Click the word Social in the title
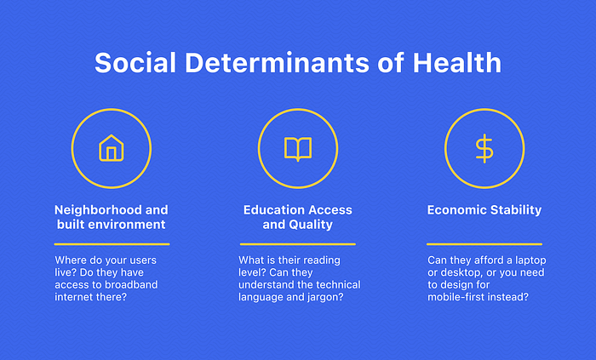pyautogui.click(x=135, y=63)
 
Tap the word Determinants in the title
pyautogui.click(x=277, y=63)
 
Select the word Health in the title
pyautogui.click(x=457, y=63)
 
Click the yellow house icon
pyautogui.click(x=112, y=148)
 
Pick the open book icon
pyautogui.click(x=298, y=149)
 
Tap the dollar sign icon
pyautogui.click(x=484, y=148)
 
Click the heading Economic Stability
pyautogui.click(x=484, y=209)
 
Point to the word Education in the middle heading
pyautogui.click(x=269, y=209)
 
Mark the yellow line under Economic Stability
pyautogui.click(x=484, y=244)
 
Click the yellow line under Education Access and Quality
pyautogui.click(x=298, y=244)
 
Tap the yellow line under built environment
pyautogui.click(x=112, y=244)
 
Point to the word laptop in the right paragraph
pyautogui.click(x=530, y=260)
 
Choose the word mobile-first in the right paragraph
pyautogui.click(x=454, y=297)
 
